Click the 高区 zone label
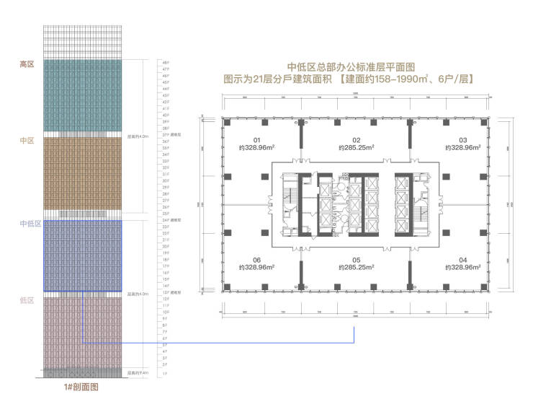click(x=27, y=64)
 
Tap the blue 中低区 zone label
click(x=30, y=224)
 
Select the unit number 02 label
click(x=356, y=140)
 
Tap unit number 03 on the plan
click(x=463, y=140)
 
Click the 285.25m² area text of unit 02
click(x=356, y=148)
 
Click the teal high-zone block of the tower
click(x=81, y=95)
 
